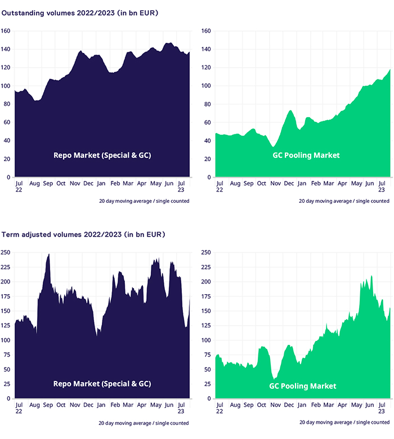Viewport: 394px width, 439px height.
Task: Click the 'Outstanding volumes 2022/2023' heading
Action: [x=79, y=12]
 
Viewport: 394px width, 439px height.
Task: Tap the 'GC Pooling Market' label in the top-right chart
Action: [x=307, y=155]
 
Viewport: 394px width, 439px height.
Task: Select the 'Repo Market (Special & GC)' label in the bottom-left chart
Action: [x=102, y=384]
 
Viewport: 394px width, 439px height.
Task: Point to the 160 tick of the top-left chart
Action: [x=6, y=32]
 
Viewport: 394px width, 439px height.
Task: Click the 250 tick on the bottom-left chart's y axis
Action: [x=6, y=252]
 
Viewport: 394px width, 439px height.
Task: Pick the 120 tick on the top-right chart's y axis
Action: [x=205, y=68]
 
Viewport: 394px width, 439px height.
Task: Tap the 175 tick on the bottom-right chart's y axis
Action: [x=205, y=296]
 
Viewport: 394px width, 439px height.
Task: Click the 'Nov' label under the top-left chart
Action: [x=74, y=184]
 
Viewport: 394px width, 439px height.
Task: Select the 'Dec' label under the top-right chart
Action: [x=288, y=184]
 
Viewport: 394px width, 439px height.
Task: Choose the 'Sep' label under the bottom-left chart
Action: [x=47, y=405]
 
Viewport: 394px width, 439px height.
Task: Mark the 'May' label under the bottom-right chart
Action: [x=356, y=405]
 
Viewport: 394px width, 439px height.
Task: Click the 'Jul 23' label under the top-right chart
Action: [x=381, y=187]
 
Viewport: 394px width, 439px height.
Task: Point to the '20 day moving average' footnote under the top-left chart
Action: [x=144, y=201]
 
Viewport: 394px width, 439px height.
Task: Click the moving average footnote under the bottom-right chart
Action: [x=344, y=422]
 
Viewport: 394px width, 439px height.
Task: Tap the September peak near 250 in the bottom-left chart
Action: [x=48, y=255]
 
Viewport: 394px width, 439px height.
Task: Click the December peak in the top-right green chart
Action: [x=290, y=111]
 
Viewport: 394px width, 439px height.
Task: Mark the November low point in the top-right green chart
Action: [x=273, y=147]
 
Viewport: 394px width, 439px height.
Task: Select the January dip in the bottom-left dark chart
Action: [x=97, y=335]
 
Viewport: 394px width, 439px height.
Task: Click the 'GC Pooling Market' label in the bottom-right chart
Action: [x=303, y=386]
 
